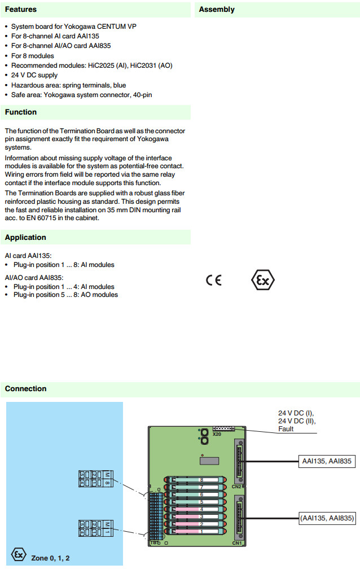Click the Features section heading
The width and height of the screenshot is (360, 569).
(21, 10)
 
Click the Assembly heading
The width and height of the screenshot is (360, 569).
(217, 10)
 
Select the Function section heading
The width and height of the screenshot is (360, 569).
(21, 112)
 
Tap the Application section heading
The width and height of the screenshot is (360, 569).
(25, 238)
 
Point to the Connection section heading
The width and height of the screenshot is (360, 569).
(26, 389)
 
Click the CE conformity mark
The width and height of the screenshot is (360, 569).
(214, 281)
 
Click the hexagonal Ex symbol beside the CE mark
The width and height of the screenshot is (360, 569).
(262, 280)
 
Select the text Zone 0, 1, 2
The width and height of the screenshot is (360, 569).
(51, 558)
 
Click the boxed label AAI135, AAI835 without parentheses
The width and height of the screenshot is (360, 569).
(326, 462)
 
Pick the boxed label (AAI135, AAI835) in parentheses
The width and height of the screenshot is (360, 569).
(327, 518)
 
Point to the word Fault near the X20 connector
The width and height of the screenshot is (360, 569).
(286, 429)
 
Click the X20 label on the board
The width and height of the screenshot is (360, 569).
(217, 435)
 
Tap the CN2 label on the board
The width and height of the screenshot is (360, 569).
(236, 486)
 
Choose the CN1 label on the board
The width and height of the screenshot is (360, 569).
(236, 543)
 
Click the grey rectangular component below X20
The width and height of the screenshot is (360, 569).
(209, 460)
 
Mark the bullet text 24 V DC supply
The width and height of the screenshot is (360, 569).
(34, 75)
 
